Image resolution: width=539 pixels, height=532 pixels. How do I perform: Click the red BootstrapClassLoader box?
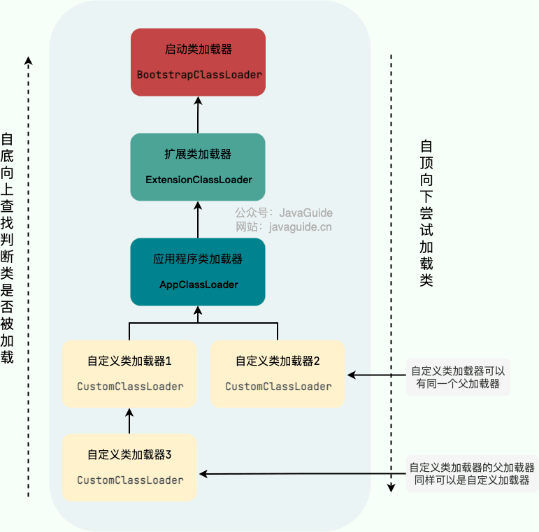pos(198,62)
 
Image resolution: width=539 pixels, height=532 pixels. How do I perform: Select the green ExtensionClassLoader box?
pos(198,167)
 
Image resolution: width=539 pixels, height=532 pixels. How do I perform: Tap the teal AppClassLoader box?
pos(198,272)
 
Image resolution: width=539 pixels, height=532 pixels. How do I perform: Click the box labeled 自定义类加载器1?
pos(130,374)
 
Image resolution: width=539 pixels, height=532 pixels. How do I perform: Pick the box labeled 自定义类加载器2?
pos(278,374)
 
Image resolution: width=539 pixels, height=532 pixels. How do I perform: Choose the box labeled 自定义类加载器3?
pos(130,467)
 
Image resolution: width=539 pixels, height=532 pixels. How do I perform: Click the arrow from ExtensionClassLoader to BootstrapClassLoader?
pos(198,115)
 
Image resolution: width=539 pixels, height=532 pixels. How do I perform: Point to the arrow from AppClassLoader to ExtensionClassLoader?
pos(198,220)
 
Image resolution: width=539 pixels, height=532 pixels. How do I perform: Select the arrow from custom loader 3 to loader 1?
pos(130,421)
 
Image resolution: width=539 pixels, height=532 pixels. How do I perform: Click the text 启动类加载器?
pos(199,50)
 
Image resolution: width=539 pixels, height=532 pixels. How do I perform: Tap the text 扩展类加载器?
pos(199,154)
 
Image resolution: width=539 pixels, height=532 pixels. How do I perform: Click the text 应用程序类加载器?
pos(198,259)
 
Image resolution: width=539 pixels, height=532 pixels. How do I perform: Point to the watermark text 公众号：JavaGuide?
pos(284,213)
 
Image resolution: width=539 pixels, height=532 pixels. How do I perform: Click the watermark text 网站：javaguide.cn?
pos(284,227)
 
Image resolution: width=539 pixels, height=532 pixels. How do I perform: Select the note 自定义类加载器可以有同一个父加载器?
pos(457,378)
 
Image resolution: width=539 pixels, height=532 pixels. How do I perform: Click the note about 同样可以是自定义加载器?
pos(472,474)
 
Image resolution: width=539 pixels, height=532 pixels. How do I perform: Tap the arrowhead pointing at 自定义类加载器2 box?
pos(351,375)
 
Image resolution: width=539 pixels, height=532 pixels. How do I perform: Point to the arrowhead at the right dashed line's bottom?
pos(391,489)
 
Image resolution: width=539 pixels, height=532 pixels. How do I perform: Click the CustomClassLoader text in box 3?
pos(130,480)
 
